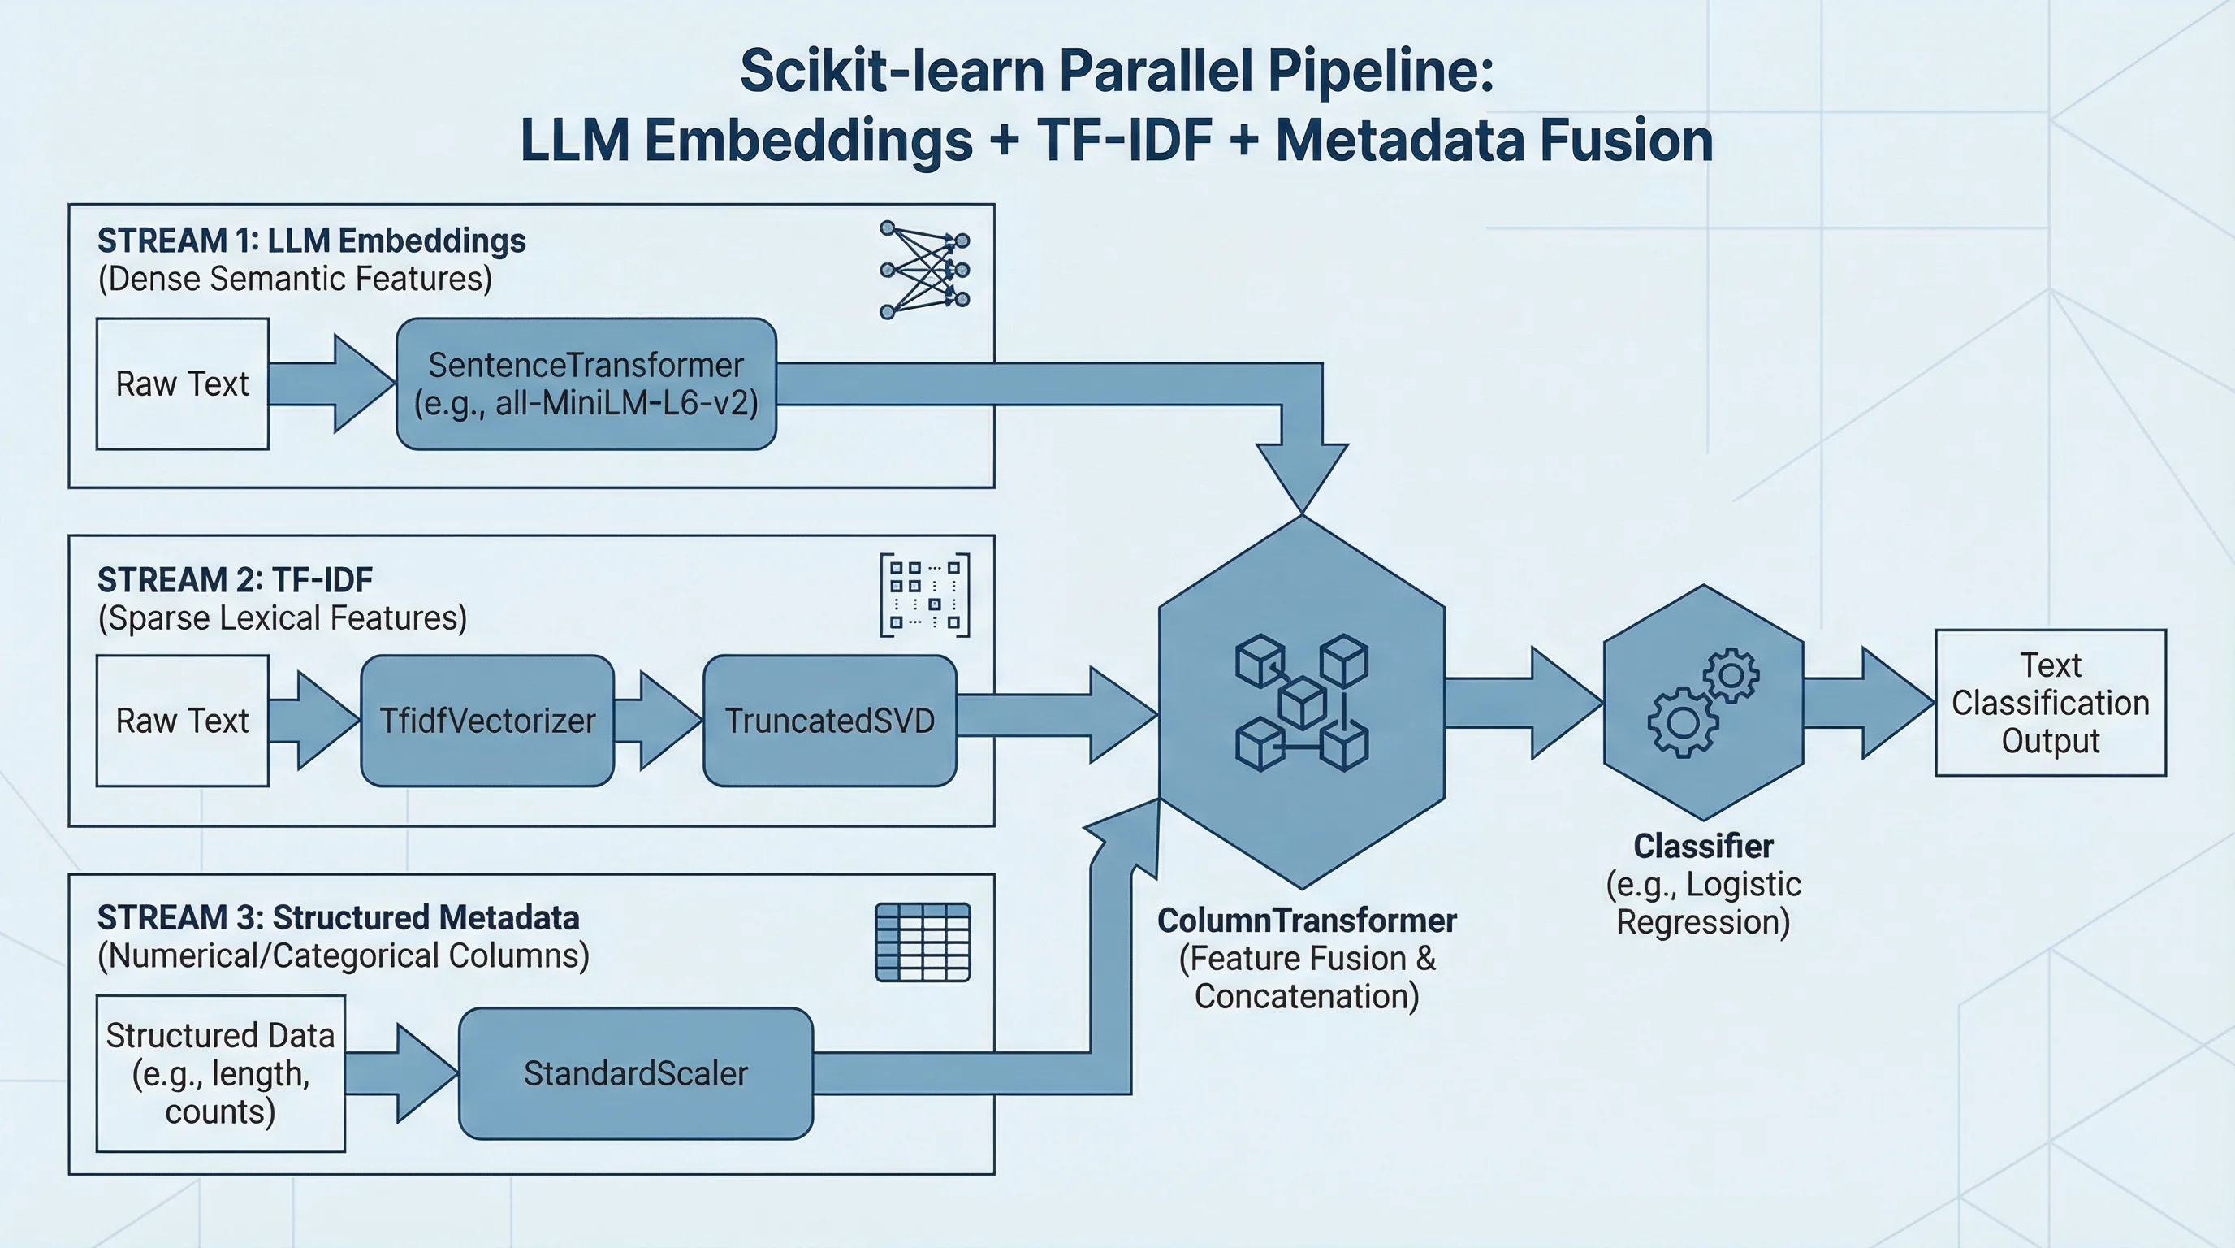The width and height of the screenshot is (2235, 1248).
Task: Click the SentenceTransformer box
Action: tap(586, 383)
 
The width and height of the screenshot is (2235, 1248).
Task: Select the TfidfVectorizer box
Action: tap(487, 721)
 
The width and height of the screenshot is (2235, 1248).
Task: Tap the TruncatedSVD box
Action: tap(829, 721)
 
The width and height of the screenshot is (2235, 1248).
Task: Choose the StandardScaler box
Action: tap(635, 1073)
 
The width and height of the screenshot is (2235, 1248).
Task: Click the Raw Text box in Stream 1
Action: tap(182, 383)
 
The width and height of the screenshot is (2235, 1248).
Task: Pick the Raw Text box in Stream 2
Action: tap(182, 721)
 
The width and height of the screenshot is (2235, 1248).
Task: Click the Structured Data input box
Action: tap(220, 1073)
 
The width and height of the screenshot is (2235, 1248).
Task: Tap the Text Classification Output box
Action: tap(2050, 703)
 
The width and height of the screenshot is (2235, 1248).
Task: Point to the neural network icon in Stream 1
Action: tap(925, 270)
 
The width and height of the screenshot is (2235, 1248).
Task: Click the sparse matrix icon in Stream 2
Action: tap(925, 596)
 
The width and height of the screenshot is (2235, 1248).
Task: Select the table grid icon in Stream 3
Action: tap(923, 942)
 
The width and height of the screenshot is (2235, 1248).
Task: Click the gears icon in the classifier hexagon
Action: tap(1703, 703)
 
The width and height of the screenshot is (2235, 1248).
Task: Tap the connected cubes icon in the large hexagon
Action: tap(1301, 703)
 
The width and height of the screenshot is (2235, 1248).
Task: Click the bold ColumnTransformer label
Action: tap(1307, 921)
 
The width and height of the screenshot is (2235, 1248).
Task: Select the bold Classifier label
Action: tap(1703, 846)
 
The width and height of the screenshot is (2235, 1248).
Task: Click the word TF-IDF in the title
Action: tap(1125, 141)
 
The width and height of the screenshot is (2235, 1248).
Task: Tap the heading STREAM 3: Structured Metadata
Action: tap(339, 917)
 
